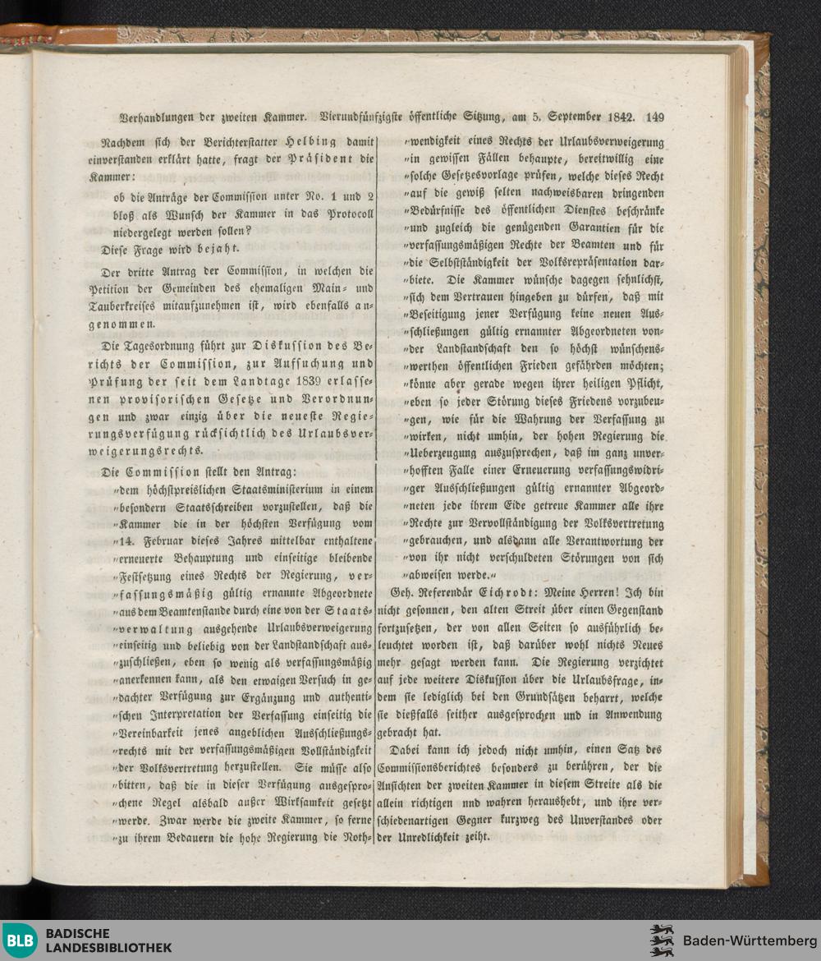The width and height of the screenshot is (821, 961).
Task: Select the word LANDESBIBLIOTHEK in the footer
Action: [109, 948]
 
